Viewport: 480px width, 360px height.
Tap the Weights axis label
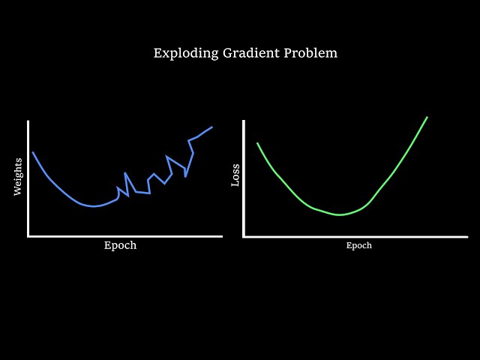pos(18,176)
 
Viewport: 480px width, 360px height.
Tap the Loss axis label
pos(235,175)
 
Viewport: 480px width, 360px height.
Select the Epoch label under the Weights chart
pos(120,246)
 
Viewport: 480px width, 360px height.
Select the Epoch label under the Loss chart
pos(358,246)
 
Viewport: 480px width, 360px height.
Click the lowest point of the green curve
pos(340,214)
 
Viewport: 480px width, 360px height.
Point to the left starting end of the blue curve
pos(33,152)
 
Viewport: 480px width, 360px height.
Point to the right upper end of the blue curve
pos(212,127)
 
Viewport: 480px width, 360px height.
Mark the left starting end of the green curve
pos(257,143)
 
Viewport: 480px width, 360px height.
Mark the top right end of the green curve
pos(427,117)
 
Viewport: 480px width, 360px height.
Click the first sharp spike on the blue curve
pos(125,173)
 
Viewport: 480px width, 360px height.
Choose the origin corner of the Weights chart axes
pos(28,236)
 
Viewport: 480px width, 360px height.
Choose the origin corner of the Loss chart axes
pos(244,236)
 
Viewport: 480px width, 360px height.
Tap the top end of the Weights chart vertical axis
pos(28,121)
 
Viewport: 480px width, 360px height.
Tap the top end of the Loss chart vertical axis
pos(244,121)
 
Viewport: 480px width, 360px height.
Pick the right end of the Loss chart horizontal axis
pos(466,236)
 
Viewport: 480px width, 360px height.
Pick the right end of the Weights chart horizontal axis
pos(221,236)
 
